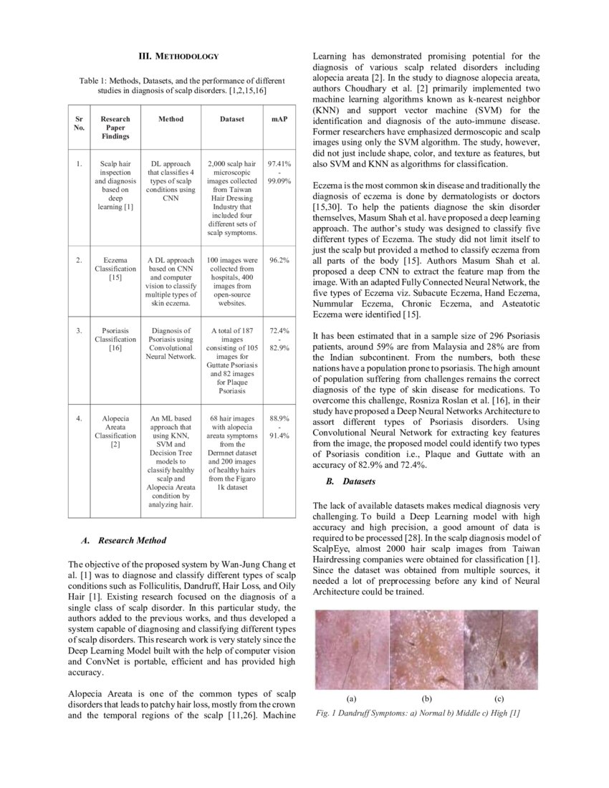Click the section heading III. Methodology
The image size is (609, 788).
click(178, 56)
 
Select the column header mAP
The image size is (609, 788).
click(279, 119)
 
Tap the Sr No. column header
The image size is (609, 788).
click(80, 123)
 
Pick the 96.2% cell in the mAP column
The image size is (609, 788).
click(279, 260)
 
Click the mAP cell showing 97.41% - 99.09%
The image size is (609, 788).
click(279, 173)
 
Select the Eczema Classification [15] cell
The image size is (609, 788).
click(115, 268)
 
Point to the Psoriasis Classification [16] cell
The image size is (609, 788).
click(115, 339)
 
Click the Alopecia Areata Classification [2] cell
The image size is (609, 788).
click(115, 431)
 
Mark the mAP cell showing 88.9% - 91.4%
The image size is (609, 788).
click(279, 426)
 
